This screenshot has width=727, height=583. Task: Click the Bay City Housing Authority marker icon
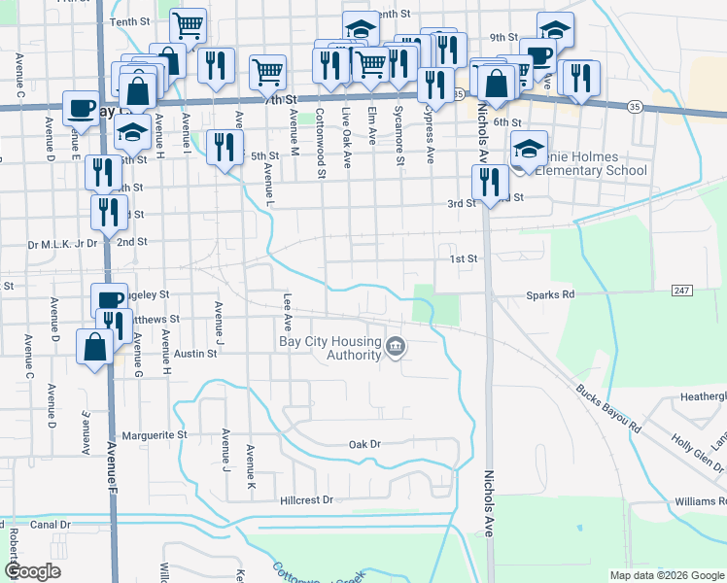pyautogui.click(x=396, y=347)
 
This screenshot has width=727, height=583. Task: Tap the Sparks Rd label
pyautogui.click(x=550, y=293)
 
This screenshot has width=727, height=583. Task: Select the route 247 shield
pyautogui.click(x=681, y=291)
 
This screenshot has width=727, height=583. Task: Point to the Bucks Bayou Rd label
pyautogui.click(x=608, y=411)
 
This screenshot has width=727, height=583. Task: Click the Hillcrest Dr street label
pyautogui.click(x=306, y=499)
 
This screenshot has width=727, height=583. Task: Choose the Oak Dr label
pyautogui.click(x=363, y=444)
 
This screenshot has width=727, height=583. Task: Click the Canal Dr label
pyautogui.click(x=51, y=524)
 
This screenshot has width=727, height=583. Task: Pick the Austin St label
pyautogui.click(x=195, y=354)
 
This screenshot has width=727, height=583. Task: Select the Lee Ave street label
pyautogui.click(x=287, y=309)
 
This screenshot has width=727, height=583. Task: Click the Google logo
pyautogui.click(x=33, y=571)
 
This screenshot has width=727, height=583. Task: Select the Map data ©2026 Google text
pyautogui.click(x=666, y=575)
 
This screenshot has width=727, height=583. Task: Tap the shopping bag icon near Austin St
pyautogui.click(x=95, y=346)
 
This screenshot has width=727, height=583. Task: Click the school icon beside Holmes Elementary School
pyautogui.click(x=529, y=149)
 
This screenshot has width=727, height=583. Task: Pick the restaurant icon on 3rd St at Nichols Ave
pyautogui.click(x=489, y=180)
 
